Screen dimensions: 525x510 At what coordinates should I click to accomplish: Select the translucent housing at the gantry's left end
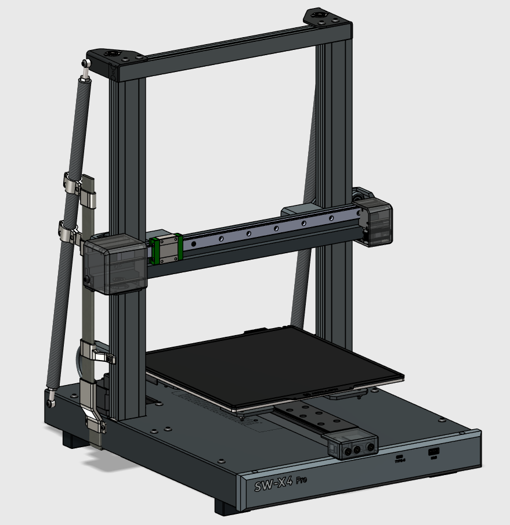coord(115,264)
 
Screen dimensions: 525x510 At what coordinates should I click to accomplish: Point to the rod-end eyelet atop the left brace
coord(86,63)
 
